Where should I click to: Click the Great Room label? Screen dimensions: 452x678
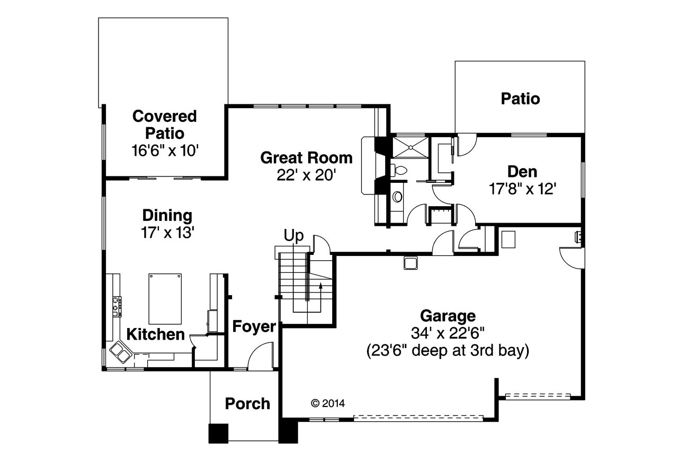[x=306, y=158]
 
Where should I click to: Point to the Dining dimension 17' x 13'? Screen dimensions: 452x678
[x=167, y=233]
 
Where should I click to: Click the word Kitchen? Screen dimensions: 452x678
[x=155, y=334]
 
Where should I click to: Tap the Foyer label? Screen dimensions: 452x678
[x=254, y=327]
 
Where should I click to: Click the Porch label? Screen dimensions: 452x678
[x=247, y=403]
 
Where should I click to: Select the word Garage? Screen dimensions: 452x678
[x=448, y=316]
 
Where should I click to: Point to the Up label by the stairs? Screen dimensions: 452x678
[x=294, y=235]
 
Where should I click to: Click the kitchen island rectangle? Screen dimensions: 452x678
[x=165, y=298]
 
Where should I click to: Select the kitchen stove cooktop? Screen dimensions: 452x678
[x=117, y=307]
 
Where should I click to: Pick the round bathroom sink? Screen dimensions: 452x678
[x=397, y=197]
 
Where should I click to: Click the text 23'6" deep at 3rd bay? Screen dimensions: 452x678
[x=448, y=351]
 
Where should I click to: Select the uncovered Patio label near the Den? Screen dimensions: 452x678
[x=520, y=99]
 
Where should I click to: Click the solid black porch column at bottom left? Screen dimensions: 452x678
[x=218, y=433]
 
